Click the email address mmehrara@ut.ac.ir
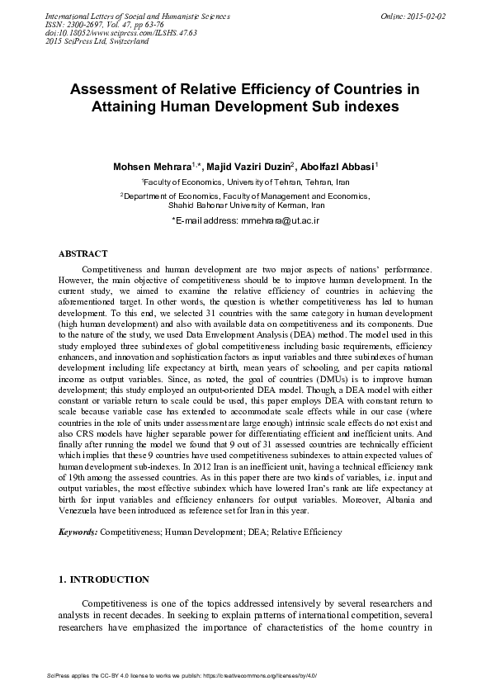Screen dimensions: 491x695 coord(281,221)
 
